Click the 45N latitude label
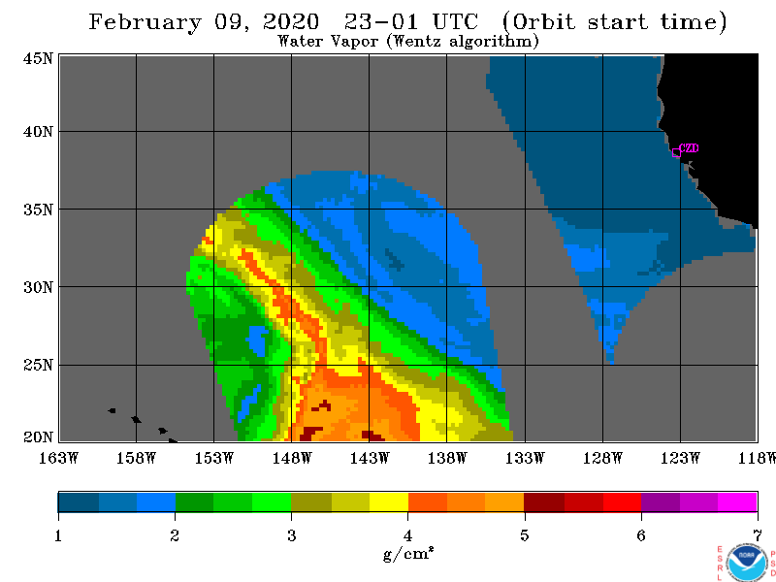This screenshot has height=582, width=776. point(38,59)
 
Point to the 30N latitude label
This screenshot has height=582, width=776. point(38,287)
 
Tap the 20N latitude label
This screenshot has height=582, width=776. point(38,437)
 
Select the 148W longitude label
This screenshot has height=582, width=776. point(292,458)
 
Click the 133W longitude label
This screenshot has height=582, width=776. point(525,458)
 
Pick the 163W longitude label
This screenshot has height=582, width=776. point(58,458)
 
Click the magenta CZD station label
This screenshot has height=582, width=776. point(689,148)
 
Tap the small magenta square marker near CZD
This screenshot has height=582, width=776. point(676,152)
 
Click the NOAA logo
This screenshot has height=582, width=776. point(747,563)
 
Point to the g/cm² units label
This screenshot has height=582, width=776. point(408,553)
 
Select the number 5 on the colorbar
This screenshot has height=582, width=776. point(524,535)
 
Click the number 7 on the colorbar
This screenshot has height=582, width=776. point(758,535)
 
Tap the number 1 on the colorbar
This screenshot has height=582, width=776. point(58,535)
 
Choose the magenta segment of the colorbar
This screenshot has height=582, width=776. point(737,501)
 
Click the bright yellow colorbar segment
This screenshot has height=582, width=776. point(389,501)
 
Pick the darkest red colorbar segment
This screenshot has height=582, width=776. point(544,501)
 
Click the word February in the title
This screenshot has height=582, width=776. point(145,22)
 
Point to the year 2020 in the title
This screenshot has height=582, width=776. point(290,21)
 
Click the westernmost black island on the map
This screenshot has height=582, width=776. point(112,410)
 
